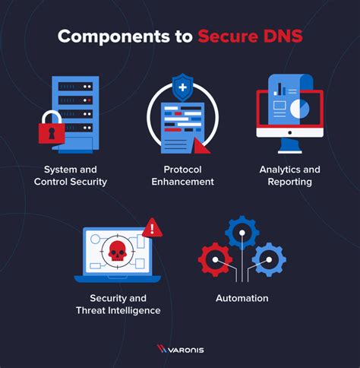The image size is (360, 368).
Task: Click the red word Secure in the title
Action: (x=226, y=36)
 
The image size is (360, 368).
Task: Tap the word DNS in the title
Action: (x=280, y=36)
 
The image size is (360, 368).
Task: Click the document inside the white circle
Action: (x=181, y=123)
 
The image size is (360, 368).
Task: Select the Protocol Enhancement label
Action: (x=182, y=175)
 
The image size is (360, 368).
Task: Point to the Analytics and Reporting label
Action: (x=290, y=175)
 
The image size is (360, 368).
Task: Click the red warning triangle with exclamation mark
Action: (x=152, y=227)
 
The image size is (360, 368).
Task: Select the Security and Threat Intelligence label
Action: (x=118, y=304)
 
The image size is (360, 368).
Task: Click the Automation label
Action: (x=242, y=298)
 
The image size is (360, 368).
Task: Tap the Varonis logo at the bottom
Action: (x=179, y=349)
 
